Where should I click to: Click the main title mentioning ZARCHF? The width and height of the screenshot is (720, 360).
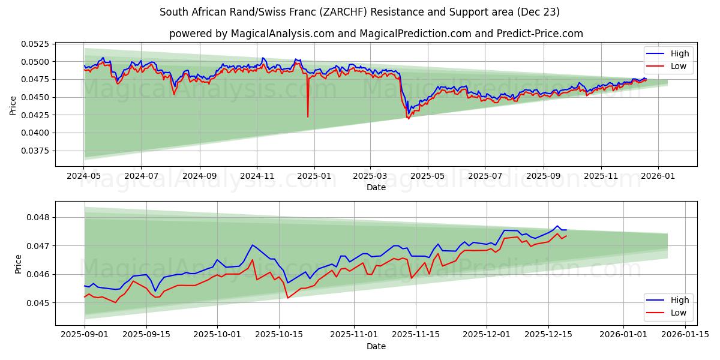(360, 12)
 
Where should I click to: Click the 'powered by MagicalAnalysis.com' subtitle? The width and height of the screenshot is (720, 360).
(376, 34)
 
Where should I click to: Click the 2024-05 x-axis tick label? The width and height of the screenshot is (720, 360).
(83, 176)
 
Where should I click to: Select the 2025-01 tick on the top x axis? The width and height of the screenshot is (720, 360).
(314, 176)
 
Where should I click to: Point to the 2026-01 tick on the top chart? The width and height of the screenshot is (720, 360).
(658, 176)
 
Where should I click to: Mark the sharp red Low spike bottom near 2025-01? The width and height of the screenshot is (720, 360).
(308, 116)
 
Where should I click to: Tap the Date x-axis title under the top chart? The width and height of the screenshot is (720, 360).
(376, 187)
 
